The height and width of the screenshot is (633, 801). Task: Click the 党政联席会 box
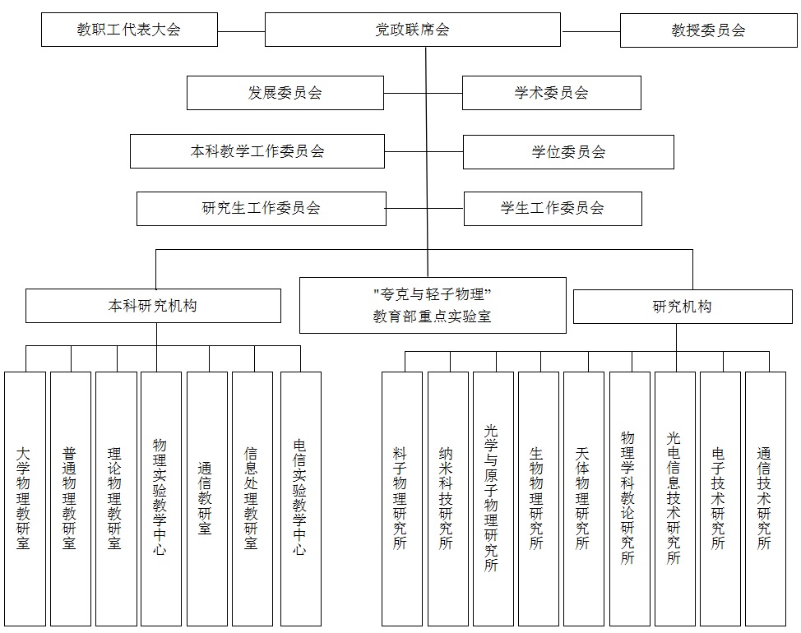click(412, 30)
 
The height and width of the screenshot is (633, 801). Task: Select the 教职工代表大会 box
click(129, 30)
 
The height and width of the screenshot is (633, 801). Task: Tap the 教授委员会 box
click(709, 30)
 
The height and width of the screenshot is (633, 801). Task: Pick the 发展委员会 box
click(285, 93)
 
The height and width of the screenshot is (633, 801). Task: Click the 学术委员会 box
click(552, 93)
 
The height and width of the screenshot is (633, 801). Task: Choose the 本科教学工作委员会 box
click(257, 151)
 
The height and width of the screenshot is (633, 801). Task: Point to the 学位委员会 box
click(568, 151)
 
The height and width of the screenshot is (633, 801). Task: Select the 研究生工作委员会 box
click(262, 208)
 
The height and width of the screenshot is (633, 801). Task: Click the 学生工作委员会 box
click(553, 208)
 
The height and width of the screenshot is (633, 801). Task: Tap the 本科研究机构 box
click(153, 306)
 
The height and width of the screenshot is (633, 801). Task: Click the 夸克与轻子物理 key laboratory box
click(433, 305)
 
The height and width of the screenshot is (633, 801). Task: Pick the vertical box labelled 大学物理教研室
click(25, 499)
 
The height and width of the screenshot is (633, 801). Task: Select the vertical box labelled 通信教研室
click(207, 499)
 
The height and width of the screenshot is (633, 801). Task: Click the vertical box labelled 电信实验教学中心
click(301, 499)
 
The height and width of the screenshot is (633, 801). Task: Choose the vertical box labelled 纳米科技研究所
click(448, 499)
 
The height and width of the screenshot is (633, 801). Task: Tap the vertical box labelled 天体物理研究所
click(584, 499)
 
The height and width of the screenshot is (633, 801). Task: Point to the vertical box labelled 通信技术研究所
click(766, 499)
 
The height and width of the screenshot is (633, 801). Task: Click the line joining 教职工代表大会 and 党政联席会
click(241, 31)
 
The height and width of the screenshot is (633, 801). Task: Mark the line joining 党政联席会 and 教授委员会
click(590, 31)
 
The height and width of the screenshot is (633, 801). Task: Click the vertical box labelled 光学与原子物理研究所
click(493, 499)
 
